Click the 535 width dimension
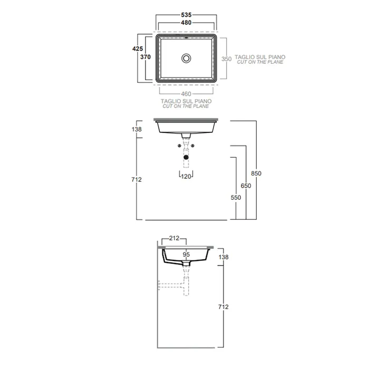(x=186, y=15)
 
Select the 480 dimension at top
(x=186, y=23)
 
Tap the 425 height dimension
(x=138, y=48)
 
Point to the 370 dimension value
(x=145, y=57)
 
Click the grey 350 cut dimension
(x=226, y=59)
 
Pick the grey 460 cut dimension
(x=186, y=94)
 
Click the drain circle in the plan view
(x=186, y=58)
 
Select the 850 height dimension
(x=256, y=173)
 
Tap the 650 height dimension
(x=246, y=186)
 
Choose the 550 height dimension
(x=236, y=198)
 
